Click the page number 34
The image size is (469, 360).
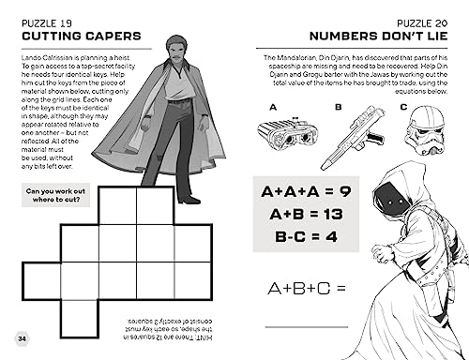click(x=21, y=337)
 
